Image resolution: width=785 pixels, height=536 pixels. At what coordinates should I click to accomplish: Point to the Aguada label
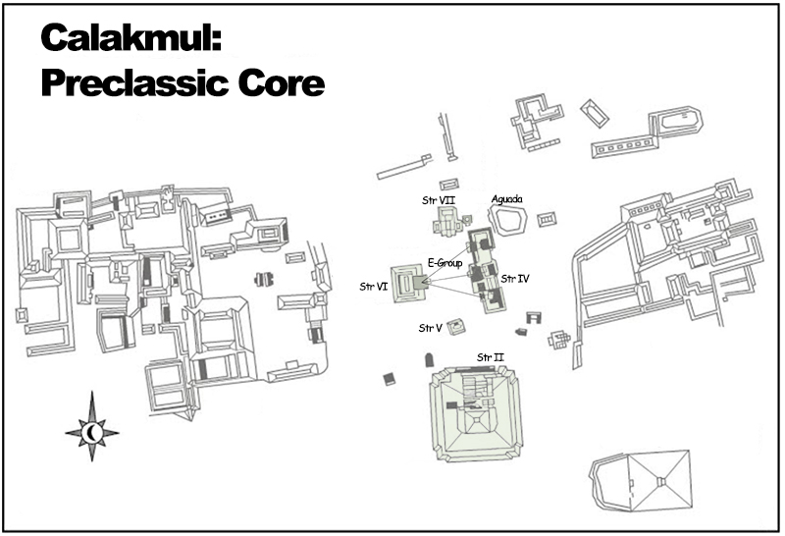[506, 198]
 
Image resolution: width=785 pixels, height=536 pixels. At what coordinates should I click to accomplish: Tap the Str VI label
[374, 287]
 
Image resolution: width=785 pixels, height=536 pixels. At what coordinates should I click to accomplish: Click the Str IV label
[515, 279]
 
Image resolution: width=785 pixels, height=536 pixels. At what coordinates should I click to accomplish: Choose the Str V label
[431, 327]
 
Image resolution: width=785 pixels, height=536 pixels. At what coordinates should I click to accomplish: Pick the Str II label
[490, 355]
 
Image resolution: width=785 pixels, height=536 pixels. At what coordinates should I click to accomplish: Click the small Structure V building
[456, 327]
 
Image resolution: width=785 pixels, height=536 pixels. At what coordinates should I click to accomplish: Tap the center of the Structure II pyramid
[478, 416]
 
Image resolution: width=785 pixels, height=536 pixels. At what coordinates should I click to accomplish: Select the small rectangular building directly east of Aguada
[551, 218]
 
